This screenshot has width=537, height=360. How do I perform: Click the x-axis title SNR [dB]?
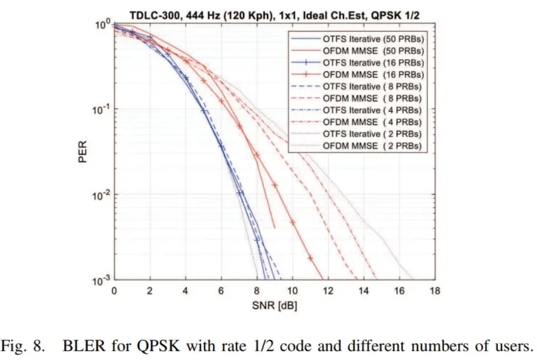pyautogui.click(x=273, y=304)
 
